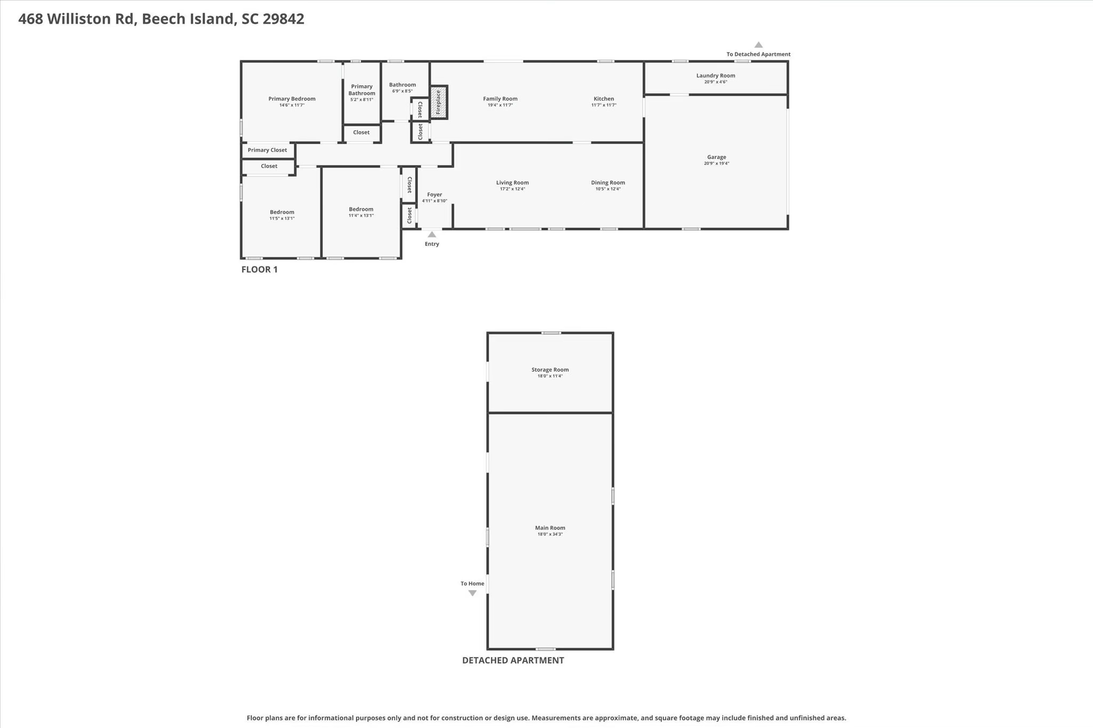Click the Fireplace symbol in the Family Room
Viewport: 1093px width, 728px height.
pyautogui.click(x=439, y=102)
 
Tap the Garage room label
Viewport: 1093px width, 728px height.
pyautogui.click(x=716, y=157)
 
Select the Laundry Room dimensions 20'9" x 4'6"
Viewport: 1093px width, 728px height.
pyautogui.click(x=716, y=82)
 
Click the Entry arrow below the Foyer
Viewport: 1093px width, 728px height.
pyautogui.click(x=432, y=235)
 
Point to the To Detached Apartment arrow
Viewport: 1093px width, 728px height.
pyautogui.click(x=758, y=45)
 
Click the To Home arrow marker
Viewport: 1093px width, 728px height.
pyautogui.click(x=472, y=593)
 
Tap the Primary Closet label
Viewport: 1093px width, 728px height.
pyautogui.click(x=267, y=150)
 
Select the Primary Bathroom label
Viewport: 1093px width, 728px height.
pyautogui.click(x=361, y=90)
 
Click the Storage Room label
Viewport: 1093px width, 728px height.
pyautogui.click(x=550, y=369)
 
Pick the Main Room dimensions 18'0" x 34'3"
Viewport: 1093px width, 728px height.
pyautogui.click(x=550, y=534)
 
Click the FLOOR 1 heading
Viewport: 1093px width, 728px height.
pyautogui.click(x=259, y=270)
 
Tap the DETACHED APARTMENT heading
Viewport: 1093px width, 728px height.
pyautogui.click(x=512, y=660)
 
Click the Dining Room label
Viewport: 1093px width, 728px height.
pyautogui.click(x=608, y=183)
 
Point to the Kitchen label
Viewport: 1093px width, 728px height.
pyautogui.click(x=604, y=99)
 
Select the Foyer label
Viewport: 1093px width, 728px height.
pyautogui.click(x=434, y=195)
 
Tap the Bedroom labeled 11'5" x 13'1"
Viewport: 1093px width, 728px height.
pyautogui.click(x=282, y=212)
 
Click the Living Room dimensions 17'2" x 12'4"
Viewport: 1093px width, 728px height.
pyautogui.click(x=512, y=189)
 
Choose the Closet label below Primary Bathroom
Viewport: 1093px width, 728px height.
pyautogui.click(x=361, y=132)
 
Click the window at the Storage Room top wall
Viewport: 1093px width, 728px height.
pyautogui.click(x=551, y=333)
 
